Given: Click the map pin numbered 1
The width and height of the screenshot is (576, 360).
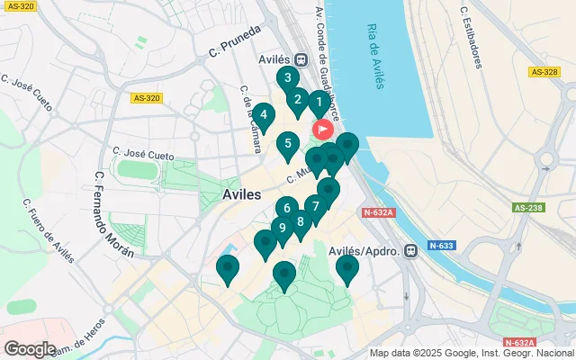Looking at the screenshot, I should [x=319, y=103].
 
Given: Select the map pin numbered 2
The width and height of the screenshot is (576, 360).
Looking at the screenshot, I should [x=297, y=100].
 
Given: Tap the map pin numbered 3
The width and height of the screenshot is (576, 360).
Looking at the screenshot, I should [x=287, y=78].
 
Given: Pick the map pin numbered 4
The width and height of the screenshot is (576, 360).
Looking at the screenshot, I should [x=263, y=115].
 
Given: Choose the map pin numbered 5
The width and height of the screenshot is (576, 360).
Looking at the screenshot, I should [x=287, y=143].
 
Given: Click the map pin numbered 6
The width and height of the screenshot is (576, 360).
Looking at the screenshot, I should [x=286, y=209].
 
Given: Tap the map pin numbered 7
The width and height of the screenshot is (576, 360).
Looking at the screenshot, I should [x=315, y=207].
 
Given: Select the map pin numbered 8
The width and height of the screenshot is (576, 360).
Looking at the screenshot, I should [x=300, y=221].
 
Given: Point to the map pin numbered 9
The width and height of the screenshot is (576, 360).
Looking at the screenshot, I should [x=283, y=229].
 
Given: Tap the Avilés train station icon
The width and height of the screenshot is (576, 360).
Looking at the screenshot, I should [x=300, y=60].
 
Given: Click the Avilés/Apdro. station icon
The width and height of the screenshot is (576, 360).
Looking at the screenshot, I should [x=410, y=251].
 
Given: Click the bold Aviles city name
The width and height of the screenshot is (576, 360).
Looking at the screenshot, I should [x=242, y=194].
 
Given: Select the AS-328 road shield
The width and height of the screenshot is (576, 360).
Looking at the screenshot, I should [x=544, y=72].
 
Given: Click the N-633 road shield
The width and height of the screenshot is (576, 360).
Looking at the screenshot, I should [x=441, y=245].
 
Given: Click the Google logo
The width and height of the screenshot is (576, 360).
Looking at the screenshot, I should [x=30, y=348].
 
